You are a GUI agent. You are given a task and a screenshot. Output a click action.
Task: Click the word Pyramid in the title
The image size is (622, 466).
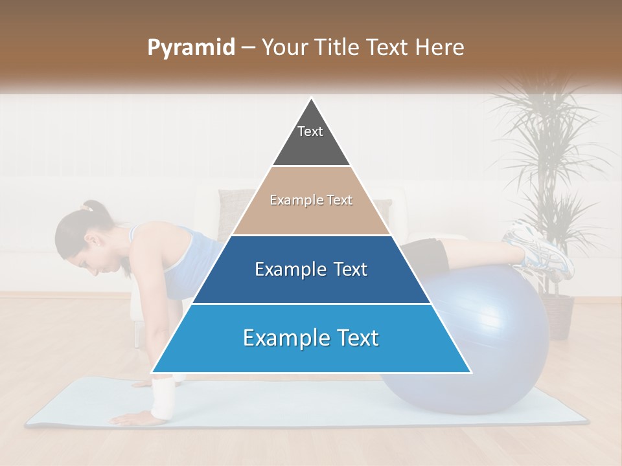191,47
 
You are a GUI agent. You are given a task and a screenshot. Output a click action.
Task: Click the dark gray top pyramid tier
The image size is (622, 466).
311,146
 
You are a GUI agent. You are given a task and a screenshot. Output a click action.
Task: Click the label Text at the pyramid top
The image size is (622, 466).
310,131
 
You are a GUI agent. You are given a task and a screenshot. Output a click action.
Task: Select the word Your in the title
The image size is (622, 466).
282,47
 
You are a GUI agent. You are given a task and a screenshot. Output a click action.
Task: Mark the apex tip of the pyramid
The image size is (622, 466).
312,99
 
